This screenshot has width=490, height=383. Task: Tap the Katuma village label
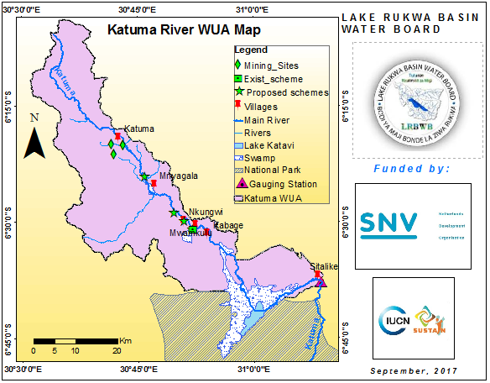[x=139, y=128]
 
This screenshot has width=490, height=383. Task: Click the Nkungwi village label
[x=206, y=211]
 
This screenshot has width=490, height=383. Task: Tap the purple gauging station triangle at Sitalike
[x=322, y=281]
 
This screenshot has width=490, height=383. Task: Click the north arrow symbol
[x=33, y=139]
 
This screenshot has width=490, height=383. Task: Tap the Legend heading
[x=250, y=50]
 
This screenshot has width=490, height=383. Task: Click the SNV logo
[x=388, y=223]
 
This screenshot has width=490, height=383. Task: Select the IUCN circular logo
[x=395, y=321]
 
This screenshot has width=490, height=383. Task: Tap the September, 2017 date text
[x=415, y=371]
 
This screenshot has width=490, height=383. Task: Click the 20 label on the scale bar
[x=117, y=349]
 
